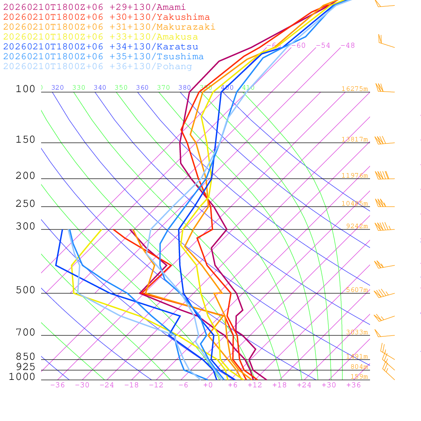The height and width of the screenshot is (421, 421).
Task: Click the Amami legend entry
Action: [95, 7]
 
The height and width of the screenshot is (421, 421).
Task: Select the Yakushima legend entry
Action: [106, 17]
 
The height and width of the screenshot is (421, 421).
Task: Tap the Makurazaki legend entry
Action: [109, 27]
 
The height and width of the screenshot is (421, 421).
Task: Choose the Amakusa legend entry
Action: [101, 37]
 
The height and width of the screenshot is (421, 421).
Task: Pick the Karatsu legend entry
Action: [101, 47]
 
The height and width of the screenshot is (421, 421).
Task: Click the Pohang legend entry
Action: [98, 67]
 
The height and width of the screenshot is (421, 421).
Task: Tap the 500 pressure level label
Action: [25, 290]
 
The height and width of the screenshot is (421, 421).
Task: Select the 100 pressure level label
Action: [25, 89]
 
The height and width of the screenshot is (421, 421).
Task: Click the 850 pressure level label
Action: [25, 356]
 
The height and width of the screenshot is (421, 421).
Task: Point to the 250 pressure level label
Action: [25, 204]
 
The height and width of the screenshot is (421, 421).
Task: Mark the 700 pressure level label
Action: [25, 333]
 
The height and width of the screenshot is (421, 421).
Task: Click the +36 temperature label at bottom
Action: [354, 385]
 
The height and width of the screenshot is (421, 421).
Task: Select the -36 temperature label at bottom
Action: [58, 385]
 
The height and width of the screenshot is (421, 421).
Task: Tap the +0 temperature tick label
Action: [208, 385]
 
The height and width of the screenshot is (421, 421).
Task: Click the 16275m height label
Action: [354, 89]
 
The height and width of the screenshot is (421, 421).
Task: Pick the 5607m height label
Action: [356, 290]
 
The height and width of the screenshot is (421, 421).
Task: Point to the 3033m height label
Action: [356, 332]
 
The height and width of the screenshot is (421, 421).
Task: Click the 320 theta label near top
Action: [58, 88]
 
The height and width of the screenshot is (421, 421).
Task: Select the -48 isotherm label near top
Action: [347, 45]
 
